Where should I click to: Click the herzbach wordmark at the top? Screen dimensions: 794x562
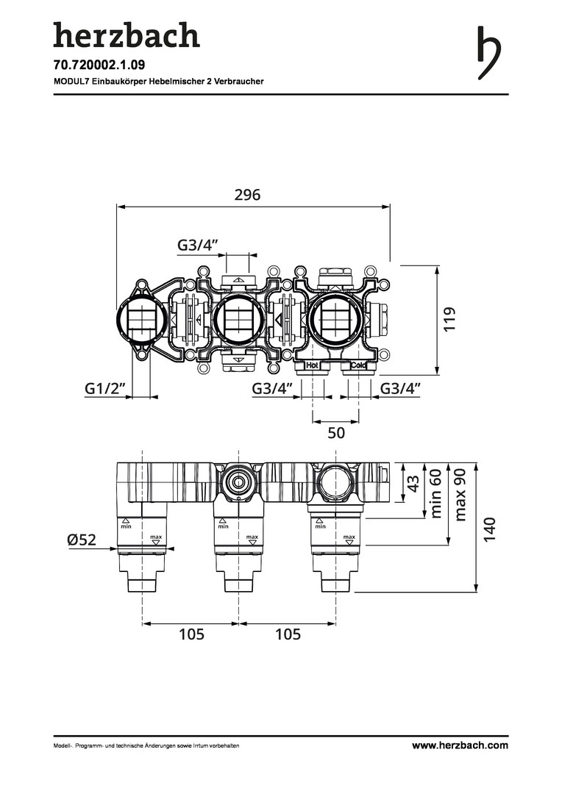point(126,35)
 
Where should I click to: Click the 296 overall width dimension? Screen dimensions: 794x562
point(248,195)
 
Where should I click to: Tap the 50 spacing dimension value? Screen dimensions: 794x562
point(336,433)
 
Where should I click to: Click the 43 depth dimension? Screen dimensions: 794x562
point(414,483)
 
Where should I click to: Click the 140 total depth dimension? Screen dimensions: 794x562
point(491,529)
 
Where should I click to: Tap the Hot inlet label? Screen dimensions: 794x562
point(312,365)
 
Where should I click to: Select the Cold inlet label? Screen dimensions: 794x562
point(358,365)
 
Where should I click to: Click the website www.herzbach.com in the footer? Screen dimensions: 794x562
point(460,745)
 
